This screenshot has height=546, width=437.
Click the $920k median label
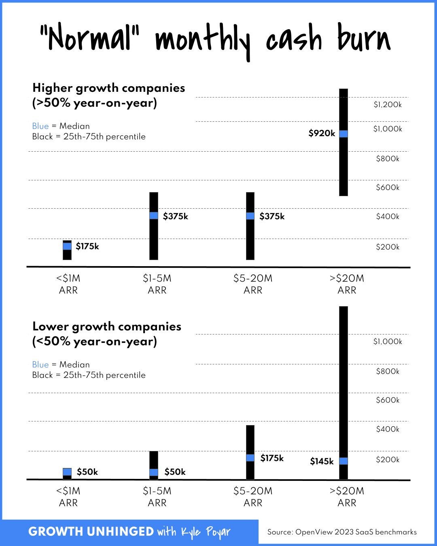[322, 133]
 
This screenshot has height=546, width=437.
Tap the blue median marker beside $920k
[343, 134]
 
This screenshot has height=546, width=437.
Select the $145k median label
[322, 461]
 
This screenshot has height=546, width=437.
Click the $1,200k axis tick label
[387, 105]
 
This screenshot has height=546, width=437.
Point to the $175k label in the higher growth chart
[87, 246]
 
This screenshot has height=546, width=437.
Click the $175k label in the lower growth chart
[272, 458]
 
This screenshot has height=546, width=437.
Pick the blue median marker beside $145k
[343, 461]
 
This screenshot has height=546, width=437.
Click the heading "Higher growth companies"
[108, 88]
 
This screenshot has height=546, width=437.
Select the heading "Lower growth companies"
[107, 326]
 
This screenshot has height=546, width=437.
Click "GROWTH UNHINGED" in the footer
[91, 531]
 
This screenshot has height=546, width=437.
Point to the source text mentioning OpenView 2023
[342, 532]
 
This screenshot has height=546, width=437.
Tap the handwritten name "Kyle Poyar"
[206, 532]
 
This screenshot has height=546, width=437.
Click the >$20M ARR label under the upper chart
[347, 284]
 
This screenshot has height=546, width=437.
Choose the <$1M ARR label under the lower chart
[68, 497]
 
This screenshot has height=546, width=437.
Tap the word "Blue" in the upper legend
[40, 126]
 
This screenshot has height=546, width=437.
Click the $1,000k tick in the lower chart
[387, 341]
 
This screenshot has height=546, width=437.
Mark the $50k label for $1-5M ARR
[175, 472]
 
